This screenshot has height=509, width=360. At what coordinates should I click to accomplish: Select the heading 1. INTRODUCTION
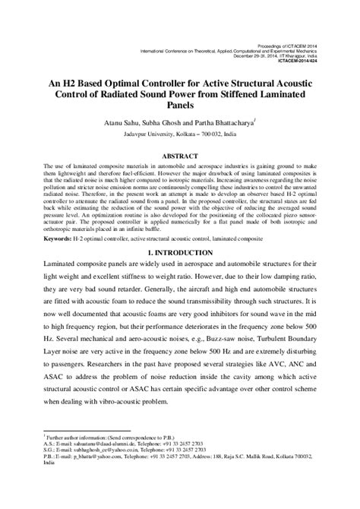click(180, 251)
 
